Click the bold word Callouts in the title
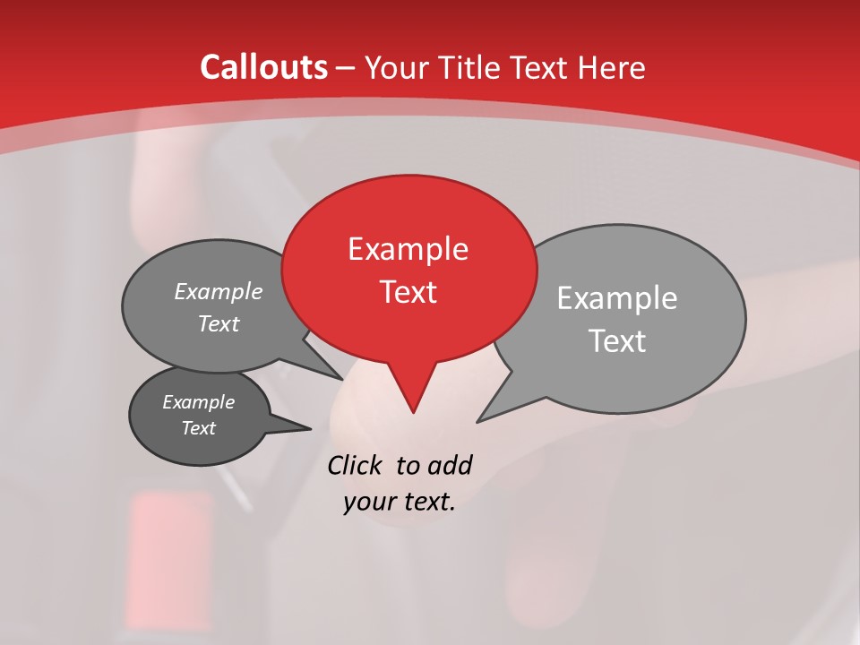pos(263,67)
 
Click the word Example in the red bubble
pos(408,249)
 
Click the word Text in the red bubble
pos(408,292)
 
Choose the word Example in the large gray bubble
pos(616,298)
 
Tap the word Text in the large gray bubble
pos(616,341)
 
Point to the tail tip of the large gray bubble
pos(478,420)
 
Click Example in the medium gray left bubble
pos(219,291)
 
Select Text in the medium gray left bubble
pos(219,323)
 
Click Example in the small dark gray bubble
pos(198,402)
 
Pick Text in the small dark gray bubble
pos(198,428)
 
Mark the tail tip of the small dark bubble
pos(310,428)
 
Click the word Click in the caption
pos(356,465)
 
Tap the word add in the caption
pos(450,465)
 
